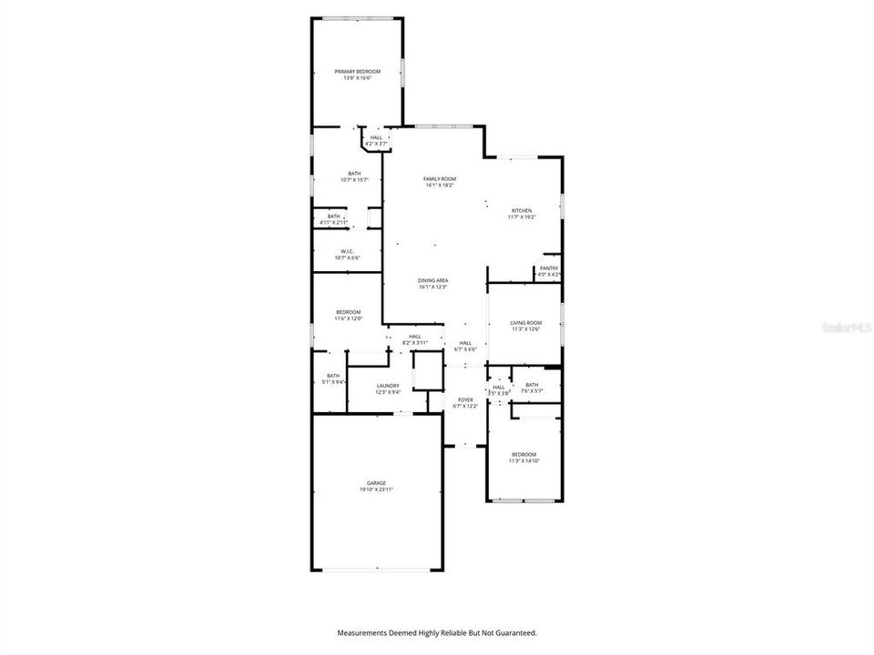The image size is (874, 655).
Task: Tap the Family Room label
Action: coord(440,178)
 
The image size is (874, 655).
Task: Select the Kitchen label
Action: coord(522,210)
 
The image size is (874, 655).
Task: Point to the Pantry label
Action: coord(548,267)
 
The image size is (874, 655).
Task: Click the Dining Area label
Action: coord(433,280)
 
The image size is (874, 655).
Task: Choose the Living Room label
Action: coord(525,322)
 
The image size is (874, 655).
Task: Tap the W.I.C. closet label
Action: coord(347,251)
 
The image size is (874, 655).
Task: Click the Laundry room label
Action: coord(388,385)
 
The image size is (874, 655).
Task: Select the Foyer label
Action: coord(465,399)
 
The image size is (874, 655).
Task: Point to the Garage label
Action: coord(376,483)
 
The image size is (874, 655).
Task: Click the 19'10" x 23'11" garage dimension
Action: coord(376,490)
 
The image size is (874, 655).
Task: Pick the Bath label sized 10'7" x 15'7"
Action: coord(354,173)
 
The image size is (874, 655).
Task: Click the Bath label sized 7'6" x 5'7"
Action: coord(532,384)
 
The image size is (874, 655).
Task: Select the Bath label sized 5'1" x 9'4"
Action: coord(333,376)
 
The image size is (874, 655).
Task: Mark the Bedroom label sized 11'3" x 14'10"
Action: coord(523,454)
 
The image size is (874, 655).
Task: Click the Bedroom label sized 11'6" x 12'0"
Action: coord(348,311)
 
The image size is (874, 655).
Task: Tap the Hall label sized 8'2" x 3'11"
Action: coord(415,336)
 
